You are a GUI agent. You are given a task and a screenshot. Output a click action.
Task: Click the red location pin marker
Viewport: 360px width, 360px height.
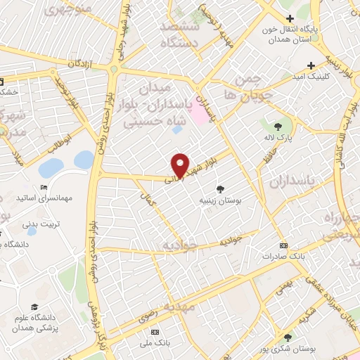pyautogui.click(x=181, y=164)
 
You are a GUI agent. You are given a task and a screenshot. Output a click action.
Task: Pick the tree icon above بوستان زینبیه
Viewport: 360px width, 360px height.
pyautogui.click(x=220, y=188)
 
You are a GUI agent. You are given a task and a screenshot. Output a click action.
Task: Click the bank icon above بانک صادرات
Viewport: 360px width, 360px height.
pyautogui.click(x=283, y=245)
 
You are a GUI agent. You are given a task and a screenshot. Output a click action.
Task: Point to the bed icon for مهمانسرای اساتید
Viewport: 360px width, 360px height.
pyautogui.click(x=44, y=187)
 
